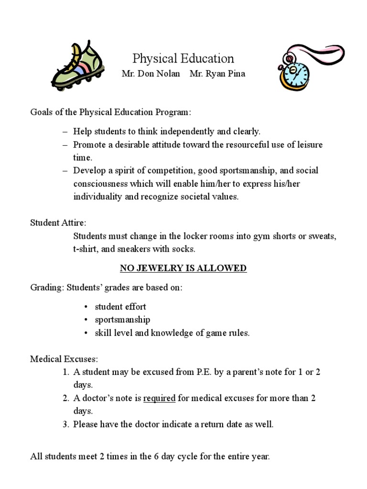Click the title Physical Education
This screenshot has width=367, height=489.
(183, 59)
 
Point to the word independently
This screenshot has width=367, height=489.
(183, 131)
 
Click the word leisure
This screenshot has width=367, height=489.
(309, 144)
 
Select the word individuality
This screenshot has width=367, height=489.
(97, 197)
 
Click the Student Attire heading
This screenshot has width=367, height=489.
(58, 223)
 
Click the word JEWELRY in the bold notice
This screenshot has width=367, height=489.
(155, 268)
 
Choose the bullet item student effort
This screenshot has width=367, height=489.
(120, 307)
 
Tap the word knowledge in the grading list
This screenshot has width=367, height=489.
(171, 333)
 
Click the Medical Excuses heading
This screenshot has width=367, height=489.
(64, 359)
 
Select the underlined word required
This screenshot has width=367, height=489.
(160, 398)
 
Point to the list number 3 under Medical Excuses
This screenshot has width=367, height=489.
(66, 424)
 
